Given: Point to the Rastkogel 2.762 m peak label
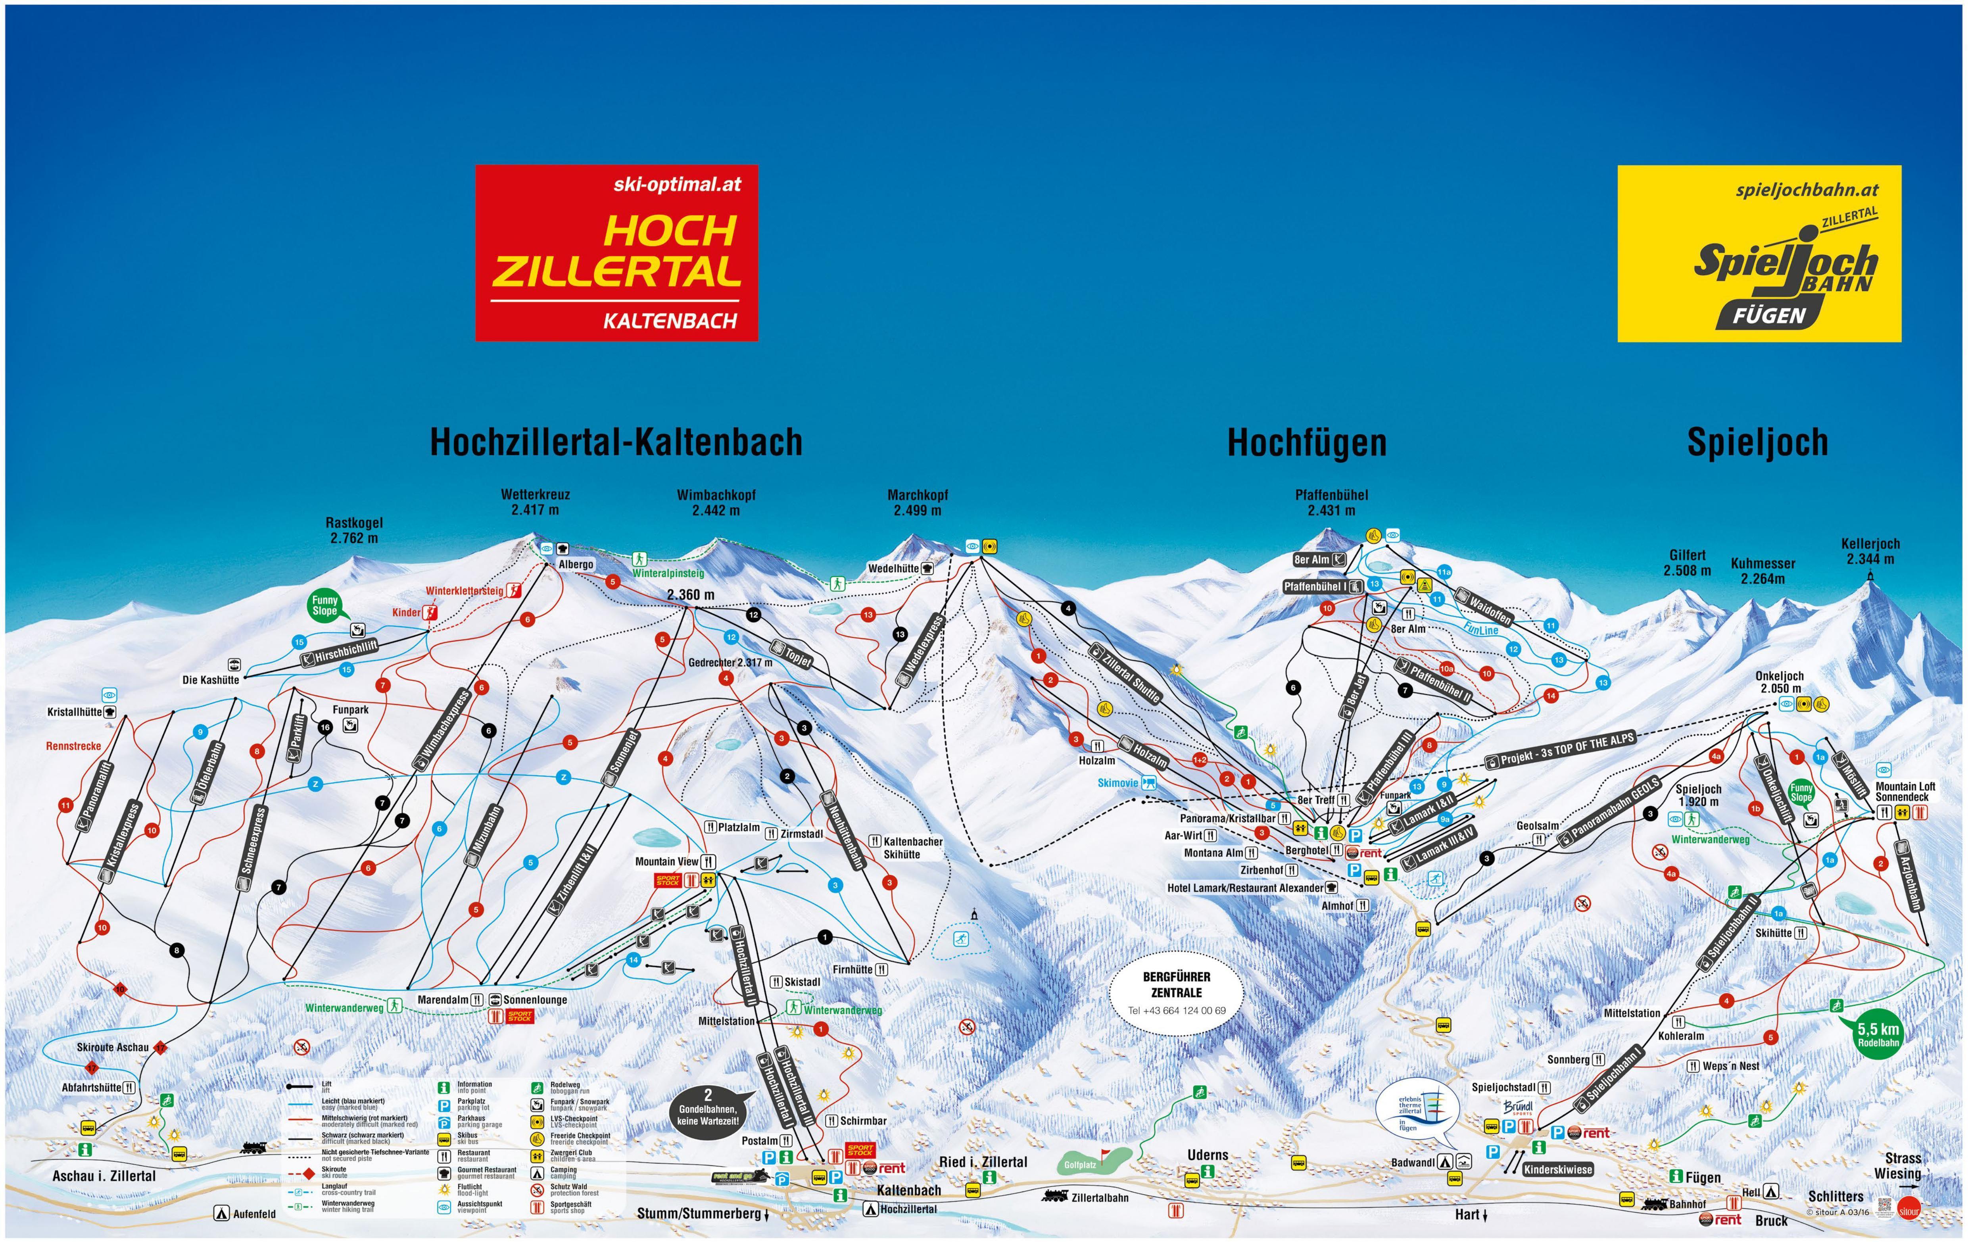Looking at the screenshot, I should (354, 530).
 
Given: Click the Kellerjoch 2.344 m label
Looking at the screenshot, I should (1870, 551).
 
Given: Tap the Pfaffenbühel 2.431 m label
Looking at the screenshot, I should (1331, 502).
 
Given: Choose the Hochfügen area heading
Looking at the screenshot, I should (1306, 442).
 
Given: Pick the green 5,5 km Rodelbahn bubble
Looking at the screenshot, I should (1877, 1034).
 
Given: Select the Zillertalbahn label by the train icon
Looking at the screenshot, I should (1099, 1197).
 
